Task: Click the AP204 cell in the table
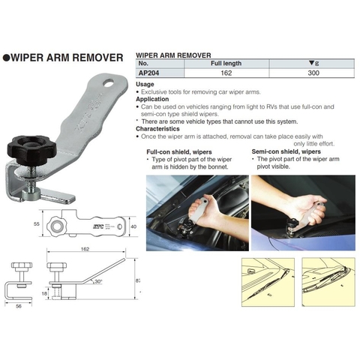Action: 148,73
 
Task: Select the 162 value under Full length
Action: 226,73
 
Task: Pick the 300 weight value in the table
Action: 313,73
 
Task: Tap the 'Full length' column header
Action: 226,63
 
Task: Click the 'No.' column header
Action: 143,63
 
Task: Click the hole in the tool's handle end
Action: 109,83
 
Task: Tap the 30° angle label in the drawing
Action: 98,281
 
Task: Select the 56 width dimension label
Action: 19,306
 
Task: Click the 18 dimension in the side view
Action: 44,293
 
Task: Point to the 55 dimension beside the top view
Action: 37,223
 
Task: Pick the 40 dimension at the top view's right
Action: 133,226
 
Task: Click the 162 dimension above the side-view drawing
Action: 85,249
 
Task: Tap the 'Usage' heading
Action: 145,84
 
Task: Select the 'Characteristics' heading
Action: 157,129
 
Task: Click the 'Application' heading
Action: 152,99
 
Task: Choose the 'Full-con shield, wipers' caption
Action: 179,152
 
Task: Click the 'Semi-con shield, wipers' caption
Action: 286,151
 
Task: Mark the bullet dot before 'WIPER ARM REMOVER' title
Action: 6,58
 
